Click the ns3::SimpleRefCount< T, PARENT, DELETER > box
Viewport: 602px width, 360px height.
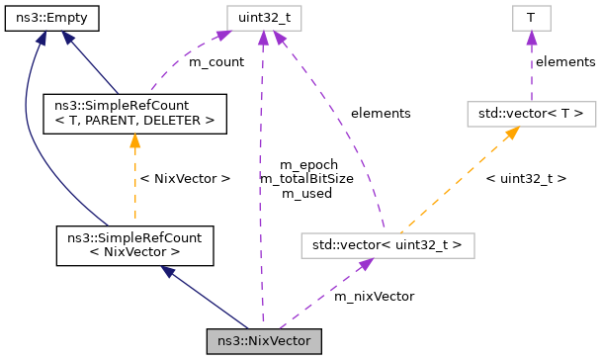pyautogui.click(x=134, y=114)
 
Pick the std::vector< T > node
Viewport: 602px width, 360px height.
pyautogui.click(x=531, y=114)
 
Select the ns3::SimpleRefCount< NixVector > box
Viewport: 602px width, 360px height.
pyautogui.click(x=134, y=246)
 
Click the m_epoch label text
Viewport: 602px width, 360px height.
pyautogui.click(x=307, y=164)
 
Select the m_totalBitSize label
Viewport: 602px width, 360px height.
pyautogui.click(x=307, y=179)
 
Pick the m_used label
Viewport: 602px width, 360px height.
pyautogui.click(x=307, y=194)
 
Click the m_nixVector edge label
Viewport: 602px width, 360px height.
pyautogui.click(x=374, y=295)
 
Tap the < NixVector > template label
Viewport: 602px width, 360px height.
pyautogui.click(x=186, y=179)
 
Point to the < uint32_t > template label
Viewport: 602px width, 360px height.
pyautogui.click(x=526, y=179)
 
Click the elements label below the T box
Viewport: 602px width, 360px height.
pyautogui.click(x=564, y=62)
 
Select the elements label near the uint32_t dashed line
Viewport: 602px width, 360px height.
pyautogui.click(x=380, y=114)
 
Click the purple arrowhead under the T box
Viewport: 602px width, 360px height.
pyautogui.click(x=531, y=37)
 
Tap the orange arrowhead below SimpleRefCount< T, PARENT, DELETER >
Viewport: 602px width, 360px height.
pyautogui.click(x=134, y=140)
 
